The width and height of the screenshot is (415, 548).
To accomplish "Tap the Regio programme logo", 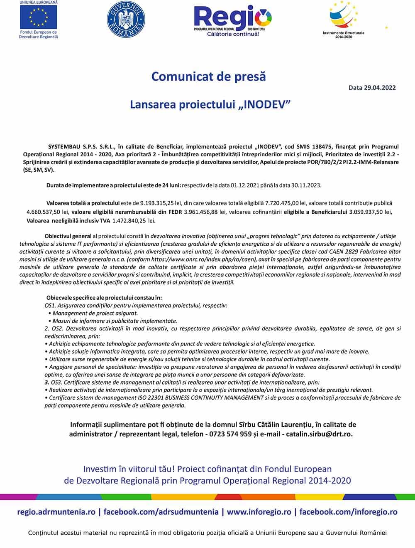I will pos(232,20).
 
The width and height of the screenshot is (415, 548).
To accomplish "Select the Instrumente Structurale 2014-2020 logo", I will pos(344,19).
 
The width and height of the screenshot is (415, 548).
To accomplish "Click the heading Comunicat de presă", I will pos(208,77).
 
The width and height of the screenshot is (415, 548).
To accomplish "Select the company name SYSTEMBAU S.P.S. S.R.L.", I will pos(78,146).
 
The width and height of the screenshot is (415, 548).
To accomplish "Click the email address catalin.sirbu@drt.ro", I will pos(319,434).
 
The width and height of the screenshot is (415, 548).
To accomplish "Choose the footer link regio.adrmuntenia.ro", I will pos(56,512).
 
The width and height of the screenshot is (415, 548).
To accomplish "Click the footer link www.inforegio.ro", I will pos(259,512).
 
